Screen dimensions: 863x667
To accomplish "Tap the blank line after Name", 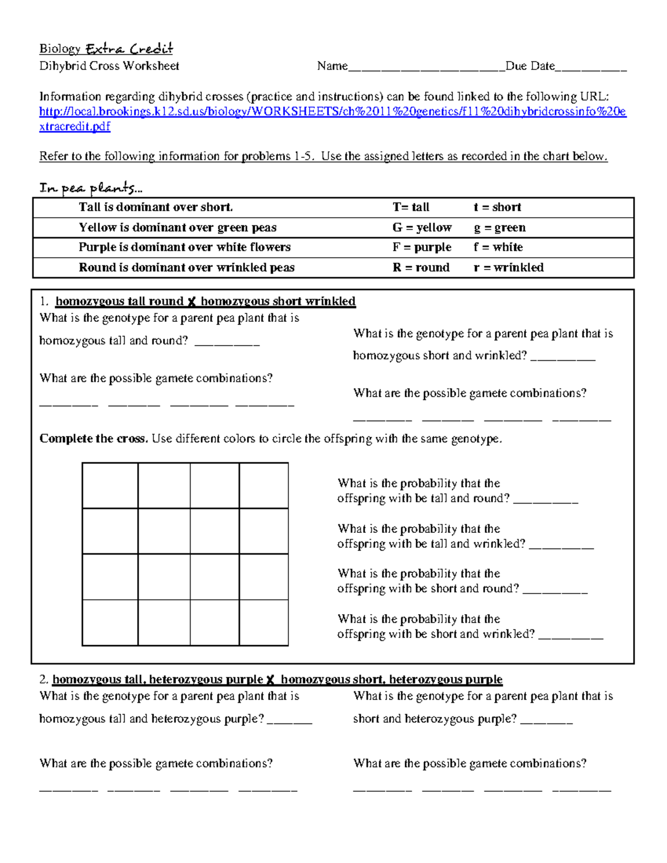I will (x=426, y=68).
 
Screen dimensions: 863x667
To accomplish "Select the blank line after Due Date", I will (x=591, y=68).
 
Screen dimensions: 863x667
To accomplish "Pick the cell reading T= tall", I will (x=411, y=207).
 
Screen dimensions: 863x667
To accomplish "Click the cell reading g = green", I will (x=499, y=228).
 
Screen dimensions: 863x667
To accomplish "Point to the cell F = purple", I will (x=421, y=247).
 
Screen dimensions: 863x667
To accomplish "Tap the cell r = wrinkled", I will (x=508, y=267).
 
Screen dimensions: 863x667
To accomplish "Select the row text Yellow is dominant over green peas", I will (x=177, y=228).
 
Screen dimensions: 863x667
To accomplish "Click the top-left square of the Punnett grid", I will (x=110, y=486).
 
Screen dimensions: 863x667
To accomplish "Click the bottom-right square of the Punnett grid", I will (x=263, y=623).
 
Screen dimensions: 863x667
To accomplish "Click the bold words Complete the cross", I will (x=93, y=439).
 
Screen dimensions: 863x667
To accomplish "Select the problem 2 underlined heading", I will (x=277, y=680).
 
